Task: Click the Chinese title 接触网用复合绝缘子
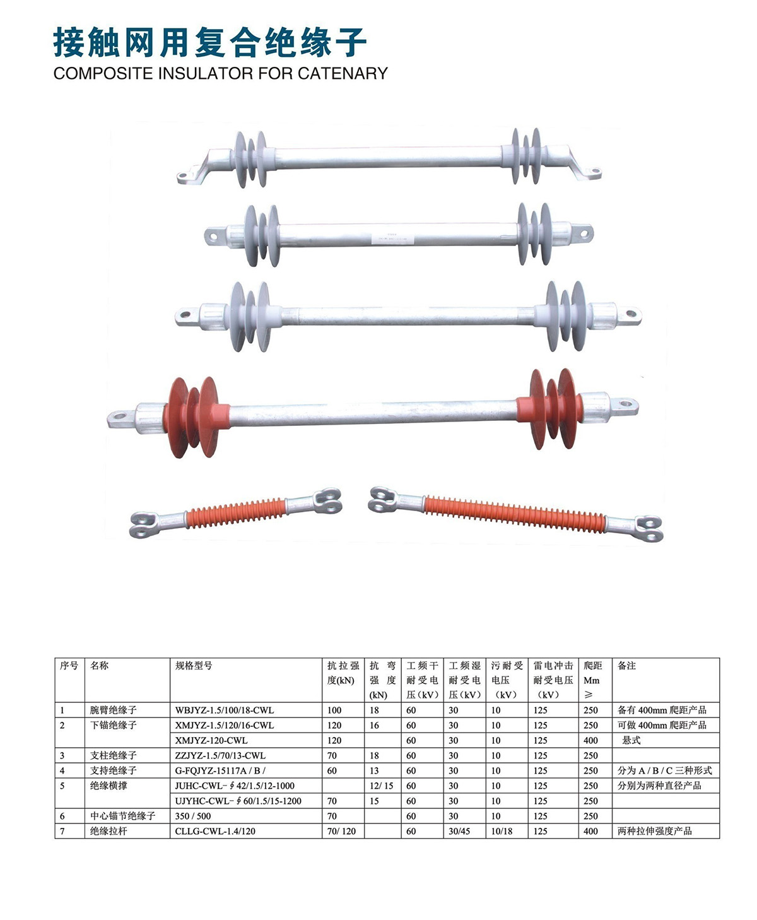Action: [209, 42]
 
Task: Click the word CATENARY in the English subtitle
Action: [343, 73]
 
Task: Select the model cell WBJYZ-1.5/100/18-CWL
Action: [225, 710]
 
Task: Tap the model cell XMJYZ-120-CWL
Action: [211, 740]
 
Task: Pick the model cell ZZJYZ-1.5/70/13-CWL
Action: [220, 755]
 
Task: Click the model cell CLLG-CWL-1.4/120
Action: [215, 831]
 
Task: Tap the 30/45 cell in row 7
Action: [460, 831]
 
